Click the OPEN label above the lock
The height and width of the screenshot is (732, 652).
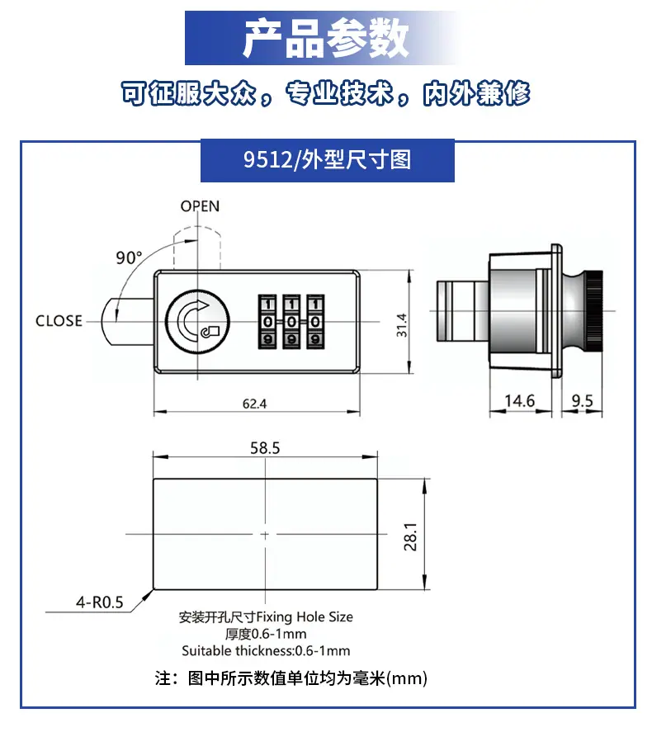[200, 205]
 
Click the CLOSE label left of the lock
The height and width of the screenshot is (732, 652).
[59, 321]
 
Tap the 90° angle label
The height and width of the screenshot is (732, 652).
[129, 257]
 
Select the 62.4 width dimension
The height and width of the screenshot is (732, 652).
[254, 404]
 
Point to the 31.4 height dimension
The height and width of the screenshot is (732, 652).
[401, 325]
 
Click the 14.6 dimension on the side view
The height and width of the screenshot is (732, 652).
[519, 400]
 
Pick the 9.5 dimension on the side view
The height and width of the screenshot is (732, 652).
[582, 400]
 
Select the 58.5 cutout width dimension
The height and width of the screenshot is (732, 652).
[265, 447]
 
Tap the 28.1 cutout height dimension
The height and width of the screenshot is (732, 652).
[410, 537]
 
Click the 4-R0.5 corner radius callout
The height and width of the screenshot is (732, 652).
[100, 602]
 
